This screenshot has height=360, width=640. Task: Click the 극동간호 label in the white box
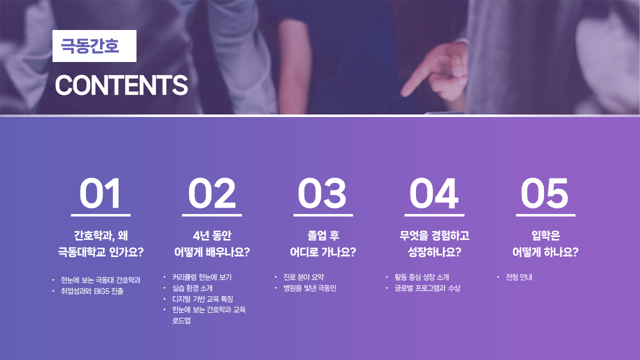(x=89, y=46)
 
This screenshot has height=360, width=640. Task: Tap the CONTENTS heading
(x=121, y=85)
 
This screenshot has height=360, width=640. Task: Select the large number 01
(x=100, y=193)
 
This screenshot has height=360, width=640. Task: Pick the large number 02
(x=211, y=193)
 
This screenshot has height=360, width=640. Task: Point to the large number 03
(x=322, y=193)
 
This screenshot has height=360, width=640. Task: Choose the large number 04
(x=434, y=193)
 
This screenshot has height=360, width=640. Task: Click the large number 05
(x=544, y=193)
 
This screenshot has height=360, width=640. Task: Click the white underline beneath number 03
(x=323, y=215)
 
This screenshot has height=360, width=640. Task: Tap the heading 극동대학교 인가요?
(x=101, y=252)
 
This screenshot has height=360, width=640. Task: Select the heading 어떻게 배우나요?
(x=212, y=252)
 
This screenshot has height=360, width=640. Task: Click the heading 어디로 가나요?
(x=323, y=252)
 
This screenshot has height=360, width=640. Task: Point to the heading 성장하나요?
(x=434, y=252)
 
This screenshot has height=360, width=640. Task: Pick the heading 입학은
(x=545, y=235)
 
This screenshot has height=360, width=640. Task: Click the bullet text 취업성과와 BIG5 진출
(x=92, y=291)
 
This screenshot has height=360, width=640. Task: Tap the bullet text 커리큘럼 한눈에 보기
(x=201, y=277)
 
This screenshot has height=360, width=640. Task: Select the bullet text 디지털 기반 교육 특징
(x=202, y=299)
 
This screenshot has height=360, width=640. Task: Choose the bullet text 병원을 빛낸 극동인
(x=309, y=288)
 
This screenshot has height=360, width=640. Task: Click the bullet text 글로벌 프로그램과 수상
(x=427, y=288)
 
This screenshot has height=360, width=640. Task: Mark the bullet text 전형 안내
(x=519, y=277)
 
